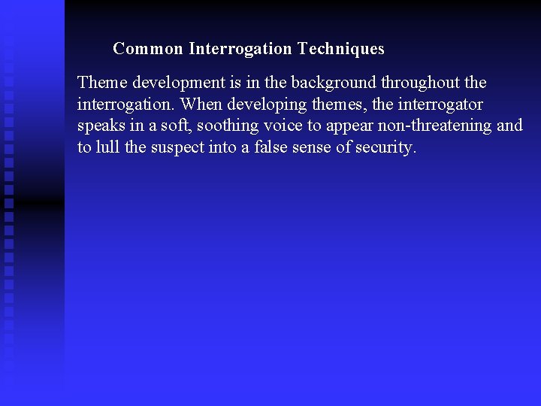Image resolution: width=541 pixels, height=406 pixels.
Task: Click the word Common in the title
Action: (x=148, y=49)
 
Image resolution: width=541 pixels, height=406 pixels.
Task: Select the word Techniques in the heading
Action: (x=340, y=49)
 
